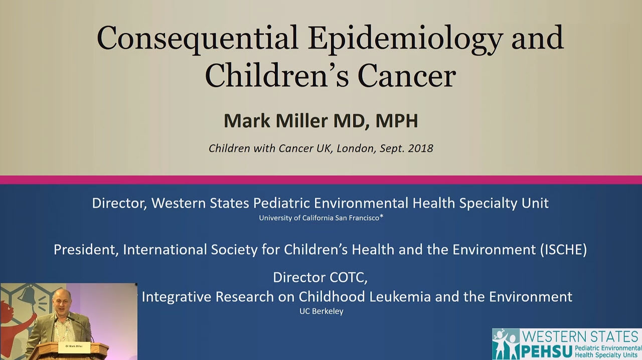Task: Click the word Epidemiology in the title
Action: click(x=405, y=39)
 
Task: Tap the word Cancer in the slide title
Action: click(x=407, y=75)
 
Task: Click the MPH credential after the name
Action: click(x=397, y=121)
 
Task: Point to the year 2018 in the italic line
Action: click(x=420, y=148)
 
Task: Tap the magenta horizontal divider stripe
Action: click(x=321, y=179)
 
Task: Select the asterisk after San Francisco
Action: click(x=382, y=217)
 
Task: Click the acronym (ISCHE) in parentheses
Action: click(x=563, y=250)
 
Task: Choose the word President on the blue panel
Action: click(x=86, y=250)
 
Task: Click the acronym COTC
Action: click(x=349, y=277)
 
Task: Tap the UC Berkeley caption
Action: click(x=322, y=311)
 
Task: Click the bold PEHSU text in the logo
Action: click(x=547, y=351)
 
